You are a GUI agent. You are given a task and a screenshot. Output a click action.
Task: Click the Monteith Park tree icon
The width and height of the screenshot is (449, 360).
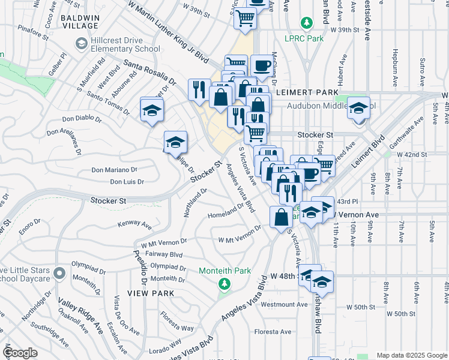224,283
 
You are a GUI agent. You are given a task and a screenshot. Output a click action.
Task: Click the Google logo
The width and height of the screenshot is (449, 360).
20,353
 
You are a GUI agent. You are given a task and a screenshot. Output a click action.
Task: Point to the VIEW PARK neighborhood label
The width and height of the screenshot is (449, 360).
151,293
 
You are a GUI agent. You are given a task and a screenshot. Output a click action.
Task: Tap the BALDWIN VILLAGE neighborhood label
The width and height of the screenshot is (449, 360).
80,21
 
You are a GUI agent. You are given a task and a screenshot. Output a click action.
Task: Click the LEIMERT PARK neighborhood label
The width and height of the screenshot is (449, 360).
299,93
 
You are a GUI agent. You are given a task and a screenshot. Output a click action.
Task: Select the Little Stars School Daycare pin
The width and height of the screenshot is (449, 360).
59,274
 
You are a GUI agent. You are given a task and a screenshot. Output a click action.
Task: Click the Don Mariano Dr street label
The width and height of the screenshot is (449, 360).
114,170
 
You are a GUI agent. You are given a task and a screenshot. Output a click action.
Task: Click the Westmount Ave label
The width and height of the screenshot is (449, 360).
285,305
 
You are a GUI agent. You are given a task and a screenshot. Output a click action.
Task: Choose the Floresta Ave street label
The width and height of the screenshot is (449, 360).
273,332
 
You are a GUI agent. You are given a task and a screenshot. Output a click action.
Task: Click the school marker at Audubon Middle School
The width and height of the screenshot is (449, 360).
359,109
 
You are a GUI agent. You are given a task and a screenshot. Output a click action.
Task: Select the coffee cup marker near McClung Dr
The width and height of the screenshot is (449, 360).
261,65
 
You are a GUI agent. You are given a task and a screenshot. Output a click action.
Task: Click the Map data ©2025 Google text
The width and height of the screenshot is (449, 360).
412,355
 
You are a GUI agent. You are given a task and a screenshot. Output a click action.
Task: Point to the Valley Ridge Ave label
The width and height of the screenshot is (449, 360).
73,312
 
